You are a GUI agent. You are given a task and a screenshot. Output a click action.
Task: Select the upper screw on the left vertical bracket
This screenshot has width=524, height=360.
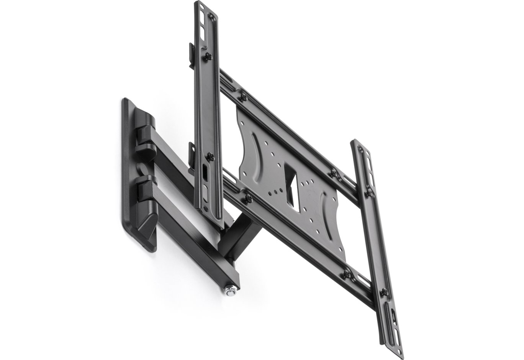(208, 56)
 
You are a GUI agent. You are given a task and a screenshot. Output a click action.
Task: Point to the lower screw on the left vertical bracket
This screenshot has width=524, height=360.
(210, 156)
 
